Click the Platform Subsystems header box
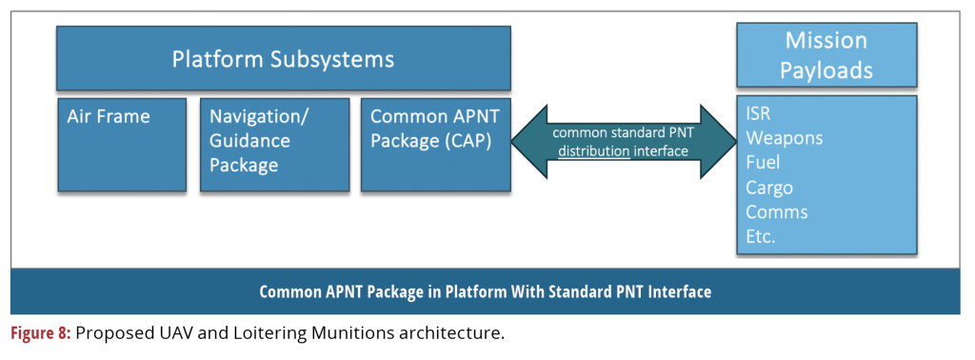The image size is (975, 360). coord(284,58)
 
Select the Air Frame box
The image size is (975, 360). coord(122,144)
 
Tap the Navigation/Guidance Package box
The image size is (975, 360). coord(274,144)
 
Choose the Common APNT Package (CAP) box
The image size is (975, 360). coord(436,144)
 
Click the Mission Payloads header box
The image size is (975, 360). coord(826,54)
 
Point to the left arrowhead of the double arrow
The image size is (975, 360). coord(529,142)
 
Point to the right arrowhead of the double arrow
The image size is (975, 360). coord(718,142)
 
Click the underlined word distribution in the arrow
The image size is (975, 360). coord(594,151)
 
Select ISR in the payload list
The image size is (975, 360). coord(759,114)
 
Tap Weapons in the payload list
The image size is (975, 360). coord(785,138)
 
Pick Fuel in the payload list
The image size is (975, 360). coord(763,163)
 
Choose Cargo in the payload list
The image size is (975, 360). coord(769,188)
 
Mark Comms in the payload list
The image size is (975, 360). coord(777,212)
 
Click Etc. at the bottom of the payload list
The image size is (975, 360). coord(761,237)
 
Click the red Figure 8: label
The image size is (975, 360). coord(42,333)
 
